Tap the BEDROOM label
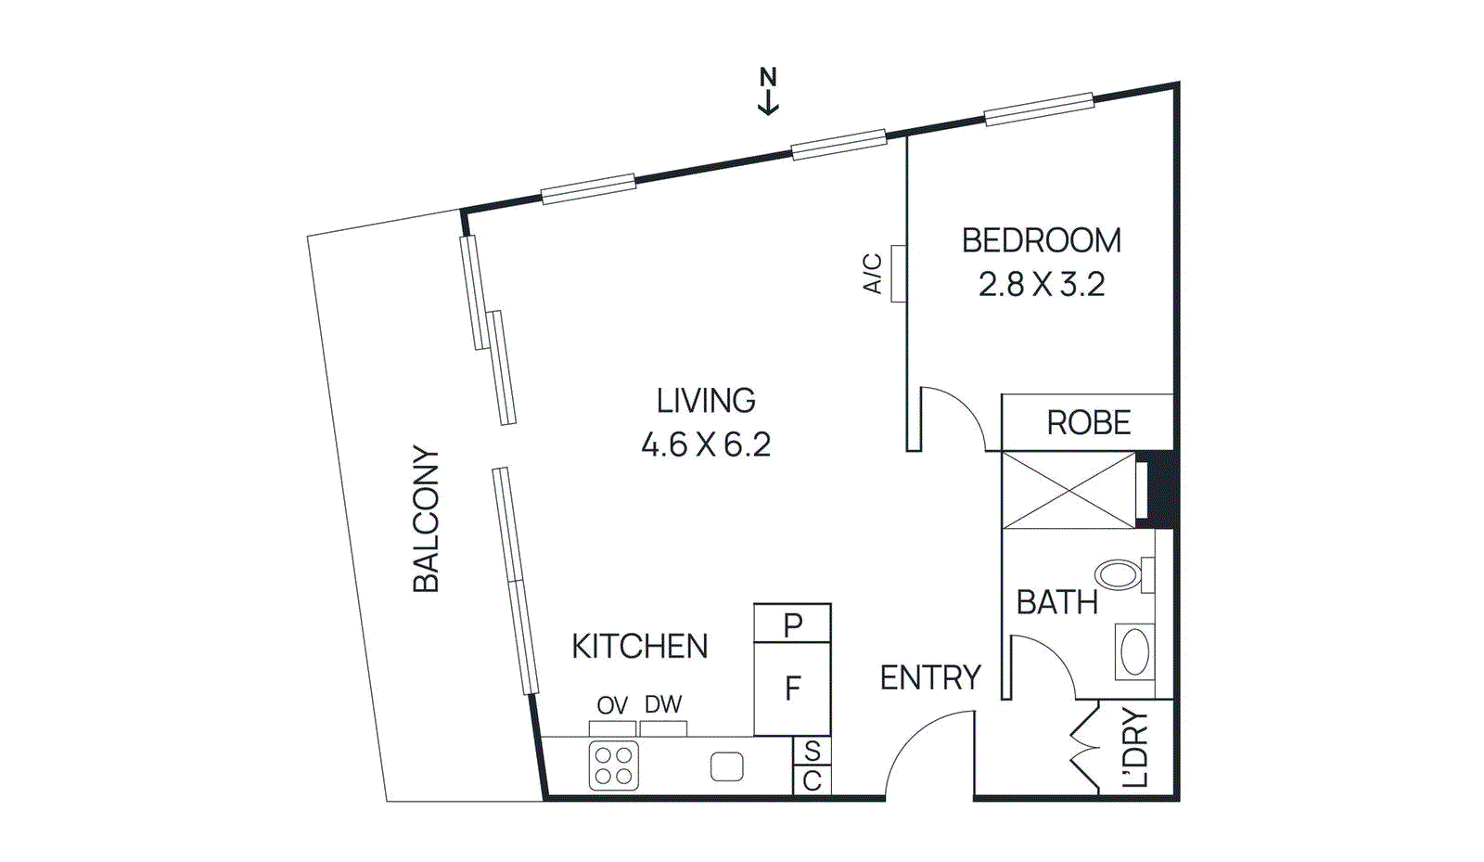(x=1041, y=240)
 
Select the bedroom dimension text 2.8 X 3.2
(x=1041, y=284)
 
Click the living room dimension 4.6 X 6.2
(x=706, y=444)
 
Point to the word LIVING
(x=706, y=401)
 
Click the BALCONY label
(x=426, y=519)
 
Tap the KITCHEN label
(x=639, y=646)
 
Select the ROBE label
(x=1088, y=423)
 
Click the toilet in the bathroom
(x=1119, y=574)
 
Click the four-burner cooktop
(x=613, y=766)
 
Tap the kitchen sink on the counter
(x=727, y=766)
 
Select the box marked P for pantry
(x=792, y=624)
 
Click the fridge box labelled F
(x=792, y=688)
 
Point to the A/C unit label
(x=873, y=274)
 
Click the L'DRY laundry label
(x=1135, y=749)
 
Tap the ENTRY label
(x=929, y=678)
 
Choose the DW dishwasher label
(x=662, y=705)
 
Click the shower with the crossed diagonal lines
(x=1068, y=490)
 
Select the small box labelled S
(x=812, y=751)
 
